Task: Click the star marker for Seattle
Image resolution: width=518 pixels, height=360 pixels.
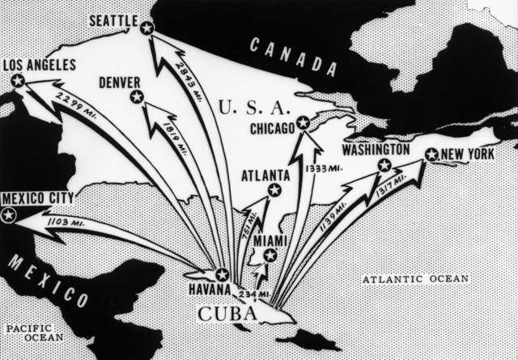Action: (x=146, y=28)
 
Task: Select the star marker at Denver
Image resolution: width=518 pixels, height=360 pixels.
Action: (x=137, y=98)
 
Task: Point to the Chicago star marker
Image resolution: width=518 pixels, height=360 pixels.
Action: (x=303, y=123)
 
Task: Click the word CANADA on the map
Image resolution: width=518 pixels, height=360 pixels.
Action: (x=282, y=56)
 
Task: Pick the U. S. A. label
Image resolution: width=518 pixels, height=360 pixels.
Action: (x=254, y=106)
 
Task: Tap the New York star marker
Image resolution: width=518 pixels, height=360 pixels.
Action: (x=431, y=155)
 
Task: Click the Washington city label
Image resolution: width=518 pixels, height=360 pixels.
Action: (x=376, y=150)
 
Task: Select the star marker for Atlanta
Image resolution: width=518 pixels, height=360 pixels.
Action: (x=274, y=190)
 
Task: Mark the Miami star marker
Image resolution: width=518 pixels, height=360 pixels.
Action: (x=270, y=256)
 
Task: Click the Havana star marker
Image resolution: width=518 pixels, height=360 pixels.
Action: (x=222, y=274)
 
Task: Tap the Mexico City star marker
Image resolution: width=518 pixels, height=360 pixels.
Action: (x=9, y=215)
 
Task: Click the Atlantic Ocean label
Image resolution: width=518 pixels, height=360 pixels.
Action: (x=415, y=279)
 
